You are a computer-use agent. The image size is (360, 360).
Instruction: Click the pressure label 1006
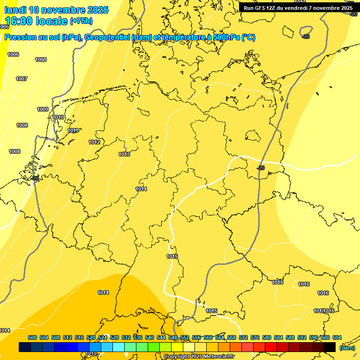13,55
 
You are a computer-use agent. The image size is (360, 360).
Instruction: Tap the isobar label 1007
22,79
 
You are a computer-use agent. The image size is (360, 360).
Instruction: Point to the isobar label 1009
43,109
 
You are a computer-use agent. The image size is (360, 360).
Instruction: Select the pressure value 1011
73,131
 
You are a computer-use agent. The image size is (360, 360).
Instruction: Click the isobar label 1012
94,142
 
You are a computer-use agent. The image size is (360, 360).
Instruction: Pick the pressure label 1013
124,154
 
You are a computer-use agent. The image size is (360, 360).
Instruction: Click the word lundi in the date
15,10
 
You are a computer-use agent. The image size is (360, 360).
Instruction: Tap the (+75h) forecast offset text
81,21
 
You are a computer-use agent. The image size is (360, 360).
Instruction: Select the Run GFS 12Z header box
298,8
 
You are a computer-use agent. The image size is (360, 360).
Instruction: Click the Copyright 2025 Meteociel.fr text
199,357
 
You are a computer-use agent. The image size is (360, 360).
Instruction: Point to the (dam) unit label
347,347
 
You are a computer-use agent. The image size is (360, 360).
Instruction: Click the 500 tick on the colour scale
32,337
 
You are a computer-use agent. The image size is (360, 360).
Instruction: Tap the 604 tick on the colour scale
337,337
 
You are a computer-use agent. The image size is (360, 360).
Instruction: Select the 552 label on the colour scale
185,337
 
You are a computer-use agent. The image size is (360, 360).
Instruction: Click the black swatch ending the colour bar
330,347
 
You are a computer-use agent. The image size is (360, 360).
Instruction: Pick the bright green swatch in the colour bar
154,347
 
